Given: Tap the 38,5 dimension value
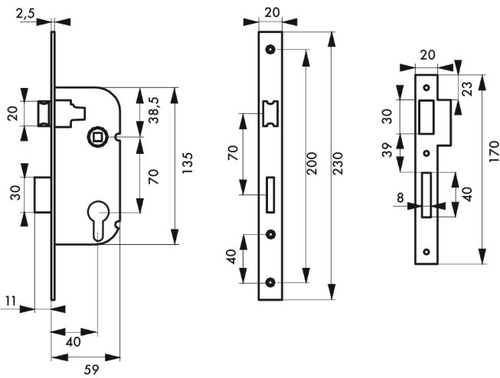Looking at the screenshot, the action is [x=155, y=110].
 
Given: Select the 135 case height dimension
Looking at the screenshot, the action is [x=188, y=163].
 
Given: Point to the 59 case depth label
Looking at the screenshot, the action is [x=92, y=370].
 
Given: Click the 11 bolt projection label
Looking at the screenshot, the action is [x=11, y=301].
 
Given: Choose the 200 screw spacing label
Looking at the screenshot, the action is [x=312, y=163].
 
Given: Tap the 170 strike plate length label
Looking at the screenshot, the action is [x=494, y=152].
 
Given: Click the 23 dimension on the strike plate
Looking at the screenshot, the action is [x=466, y=89].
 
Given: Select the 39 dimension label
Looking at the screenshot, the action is [x=387, y=150].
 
